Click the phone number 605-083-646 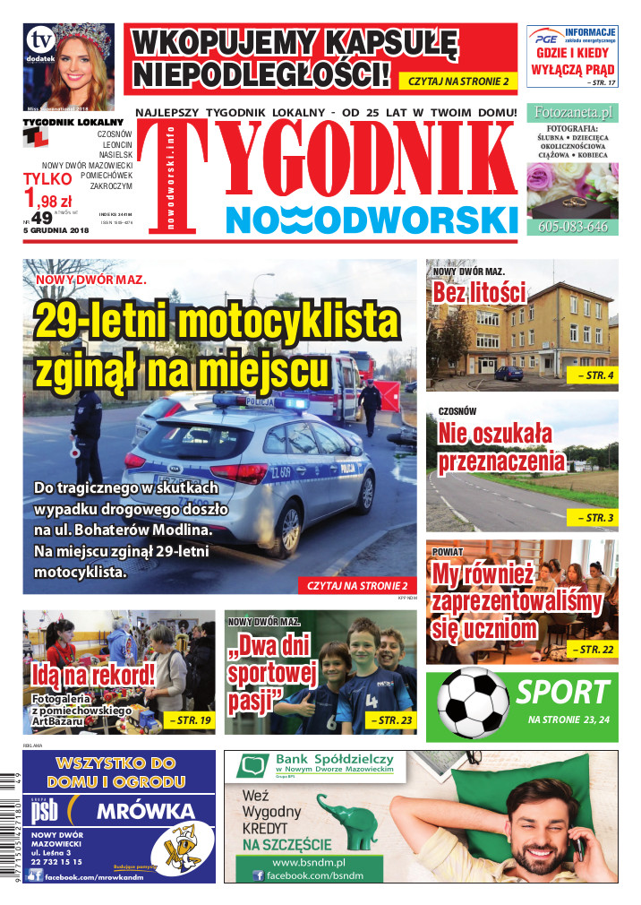click(x=573, y=227)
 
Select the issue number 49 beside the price click(x=42, y=219)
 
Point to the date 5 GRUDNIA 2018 click(x=52, y=233)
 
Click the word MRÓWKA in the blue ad click(x=144, y=812)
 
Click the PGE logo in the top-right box click(x=545, y=39)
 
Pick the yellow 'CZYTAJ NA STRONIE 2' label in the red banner click(x=457, y=82)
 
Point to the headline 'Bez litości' click(x=478, y=293)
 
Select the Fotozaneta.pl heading click(x=573, y=113)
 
